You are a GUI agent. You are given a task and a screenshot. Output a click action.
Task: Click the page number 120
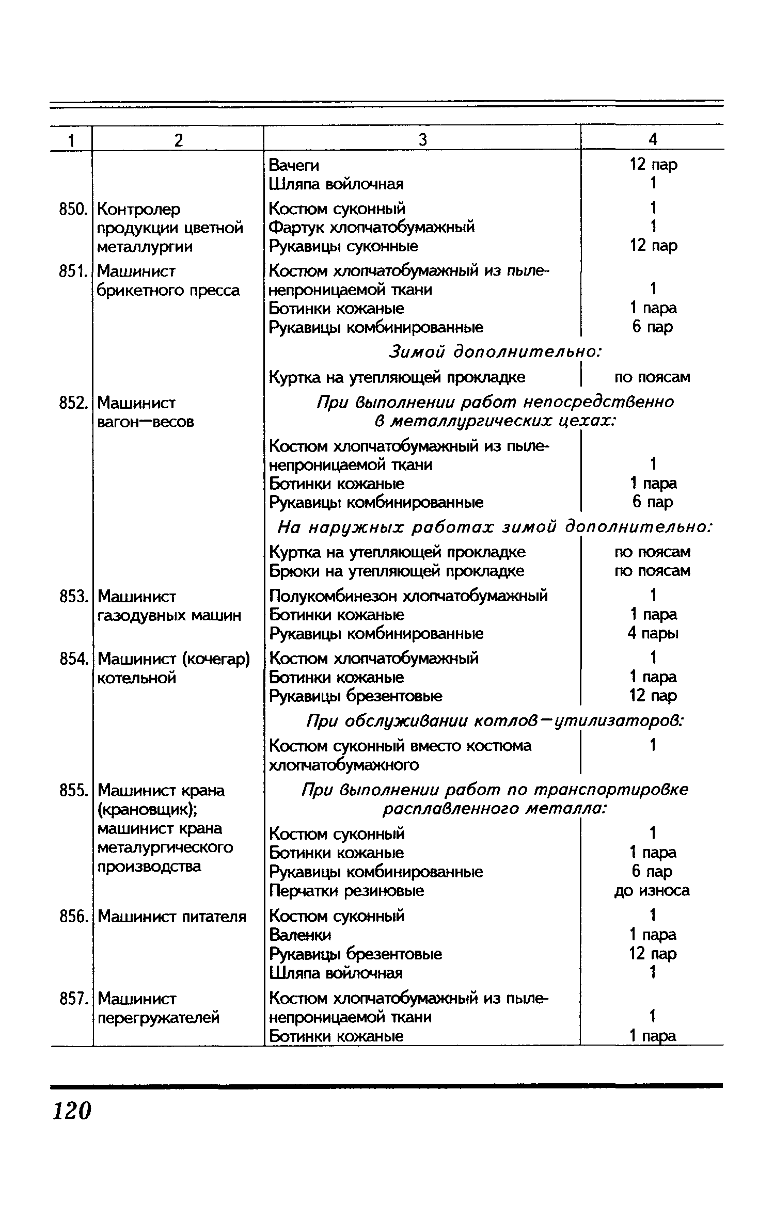tap(72, 1111)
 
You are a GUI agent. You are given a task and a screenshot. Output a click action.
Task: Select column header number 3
tap(422, 140)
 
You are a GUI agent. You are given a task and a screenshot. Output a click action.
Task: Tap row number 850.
tap(71, 210)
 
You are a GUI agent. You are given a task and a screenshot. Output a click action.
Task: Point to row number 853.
tap(71, 597)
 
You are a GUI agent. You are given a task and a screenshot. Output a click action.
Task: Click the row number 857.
tap(71, 999)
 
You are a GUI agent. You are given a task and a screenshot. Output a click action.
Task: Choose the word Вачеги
tap(294, 166)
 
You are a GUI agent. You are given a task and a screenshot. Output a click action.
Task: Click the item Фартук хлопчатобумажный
tap(372, 228)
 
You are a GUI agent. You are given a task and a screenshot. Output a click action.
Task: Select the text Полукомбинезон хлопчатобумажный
tap(408, 596)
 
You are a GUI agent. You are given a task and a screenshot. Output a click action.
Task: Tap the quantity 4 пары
tap(653, 633)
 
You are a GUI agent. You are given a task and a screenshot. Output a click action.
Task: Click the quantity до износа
tap(652, 891)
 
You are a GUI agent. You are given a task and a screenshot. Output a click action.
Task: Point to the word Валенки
tap(301, 935)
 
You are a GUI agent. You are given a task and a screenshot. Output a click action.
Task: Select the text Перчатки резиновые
tap(346, 891)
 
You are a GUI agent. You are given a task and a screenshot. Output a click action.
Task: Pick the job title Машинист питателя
tap(172, 917)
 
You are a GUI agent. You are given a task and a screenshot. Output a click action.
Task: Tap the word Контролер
tap(139, 210)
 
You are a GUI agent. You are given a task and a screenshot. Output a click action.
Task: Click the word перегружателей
tap(159, 1018)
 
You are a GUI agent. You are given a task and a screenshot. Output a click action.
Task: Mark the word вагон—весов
tap(146, 422)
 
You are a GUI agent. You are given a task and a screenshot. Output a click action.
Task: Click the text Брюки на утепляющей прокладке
tap(397, 571)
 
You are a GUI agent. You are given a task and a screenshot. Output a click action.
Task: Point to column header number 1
tap(71, 140)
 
